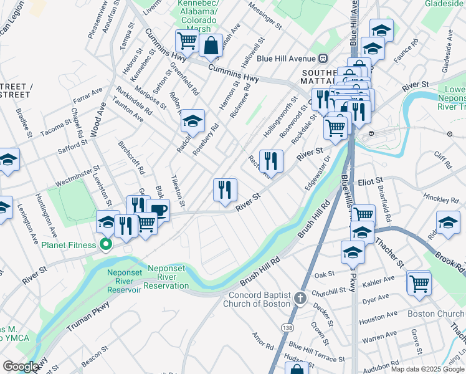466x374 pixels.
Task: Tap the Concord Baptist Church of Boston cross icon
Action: (x=300, y=297)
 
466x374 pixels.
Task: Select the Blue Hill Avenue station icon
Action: (x=323, y=59)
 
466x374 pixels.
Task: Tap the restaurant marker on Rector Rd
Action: (x=271, y=161)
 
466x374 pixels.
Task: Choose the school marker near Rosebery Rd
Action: (x=193, y=120)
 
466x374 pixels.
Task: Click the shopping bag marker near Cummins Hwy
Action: (x=211, y=46)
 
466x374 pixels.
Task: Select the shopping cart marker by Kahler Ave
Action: (x=419, y=282)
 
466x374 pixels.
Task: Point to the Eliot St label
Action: (x=370, y=181)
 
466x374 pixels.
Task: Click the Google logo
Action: (x=21, y=367)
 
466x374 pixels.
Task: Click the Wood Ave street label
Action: (x=95, y=119)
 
